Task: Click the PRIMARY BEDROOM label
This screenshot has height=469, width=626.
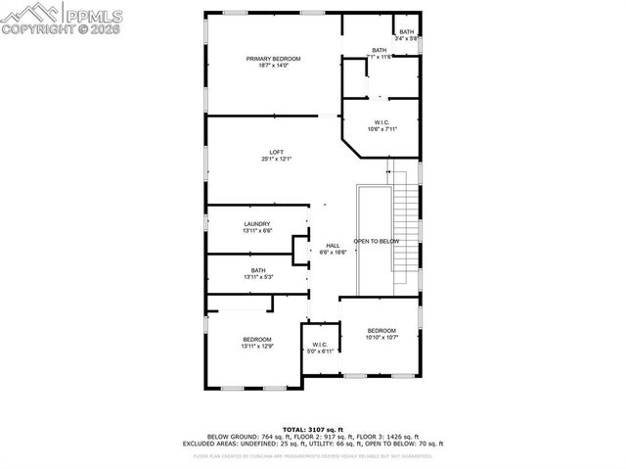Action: pos(273,59)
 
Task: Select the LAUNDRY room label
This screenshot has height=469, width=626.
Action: pos(257,223)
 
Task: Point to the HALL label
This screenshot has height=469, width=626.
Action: pos(333,245)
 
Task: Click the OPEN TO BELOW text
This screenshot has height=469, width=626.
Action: pos(377,241)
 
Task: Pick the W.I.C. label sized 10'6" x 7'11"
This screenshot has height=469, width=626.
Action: pos(381,121)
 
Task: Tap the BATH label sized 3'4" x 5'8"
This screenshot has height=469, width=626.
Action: pos(406,32)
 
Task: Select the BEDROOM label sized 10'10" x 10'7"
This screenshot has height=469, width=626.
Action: pos(381,331)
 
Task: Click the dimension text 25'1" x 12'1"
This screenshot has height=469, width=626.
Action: pos(277,159)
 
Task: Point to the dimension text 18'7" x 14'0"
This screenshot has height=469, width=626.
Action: pos(273,67)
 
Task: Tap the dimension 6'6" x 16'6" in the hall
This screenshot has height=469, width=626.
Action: pos(333,252)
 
